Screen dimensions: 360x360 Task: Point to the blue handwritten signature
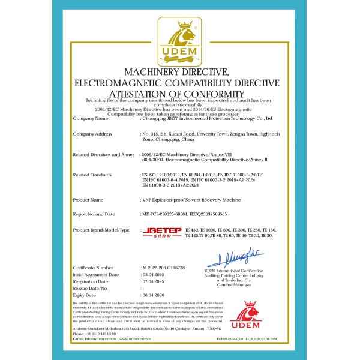tap(239, 259)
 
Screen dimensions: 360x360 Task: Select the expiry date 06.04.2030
tap(154, 296)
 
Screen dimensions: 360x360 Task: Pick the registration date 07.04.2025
tap(154, 281)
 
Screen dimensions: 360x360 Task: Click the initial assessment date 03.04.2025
tap(154, 274)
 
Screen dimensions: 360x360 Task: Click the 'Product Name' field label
tap(89, 199)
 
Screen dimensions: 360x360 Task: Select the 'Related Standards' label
tap(92, 175)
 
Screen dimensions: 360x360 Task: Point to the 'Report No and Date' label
tap(95, 214)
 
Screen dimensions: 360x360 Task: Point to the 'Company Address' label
tap(92, 133)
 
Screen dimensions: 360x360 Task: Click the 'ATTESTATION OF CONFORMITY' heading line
tap(179, 93)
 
